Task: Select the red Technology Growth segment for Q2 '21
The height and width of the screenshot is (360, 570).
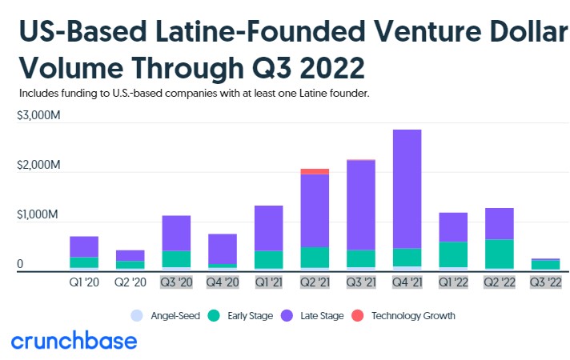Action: (314, 171)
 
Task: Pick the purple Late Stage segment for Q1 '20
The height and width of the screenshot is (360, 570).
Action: (83, 246)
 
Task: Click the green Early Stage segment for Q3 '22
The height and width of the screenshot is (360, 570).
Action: (545, 265)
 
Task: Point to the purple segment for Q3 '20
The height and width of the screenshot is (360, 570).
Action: (175, 233)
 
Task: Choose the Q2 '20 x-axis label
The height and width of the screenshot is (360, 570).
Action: (130, 282)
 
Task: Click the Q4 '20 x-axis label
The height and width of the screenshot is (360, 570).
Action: (222, 282)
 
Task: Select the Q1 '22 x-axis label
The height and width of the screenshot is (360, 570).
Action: (452, 282)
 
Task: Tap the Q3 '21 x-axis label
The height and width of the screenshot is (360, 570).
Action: (360, 282)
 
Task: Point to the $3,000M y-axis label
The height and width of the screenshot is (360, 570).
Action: (38, 117)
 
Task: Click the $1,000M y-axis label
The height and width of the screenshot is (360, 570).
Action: (38, 216)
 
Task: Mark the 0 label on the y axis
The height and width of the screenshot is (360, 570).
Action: (21, 265)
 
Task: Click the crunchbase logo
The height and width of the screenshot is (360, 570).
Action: (74, 342)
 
